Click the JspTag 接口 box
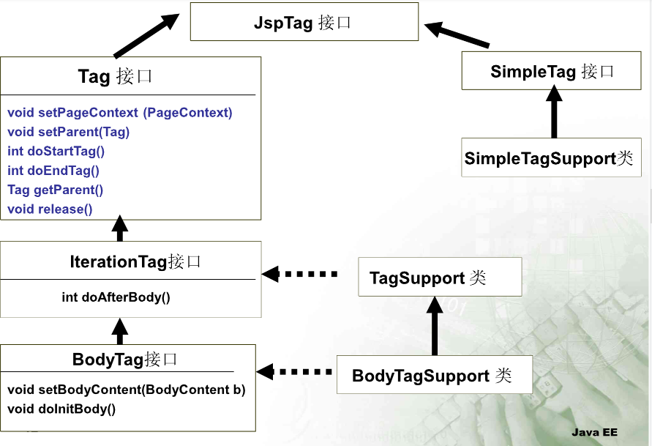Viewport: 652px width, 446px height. (x=304, y=23)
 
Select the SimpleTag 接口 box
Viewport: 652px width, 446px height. (x=552, y=71)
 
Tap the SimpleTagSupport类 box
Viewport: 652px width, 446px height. (x=552, y=158)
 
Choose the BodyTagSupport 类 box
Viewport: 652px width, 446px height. (x=432, y=376)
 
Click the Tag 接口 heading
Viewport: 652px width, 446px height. (x=115, y=77)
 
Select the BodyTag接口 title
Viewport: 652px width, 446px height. (x=125, y=359)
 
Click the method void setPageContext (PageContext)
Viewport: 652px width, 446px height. (x=120, y=113)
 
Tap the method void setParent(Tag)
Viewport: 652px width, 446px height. (x=69, y=132)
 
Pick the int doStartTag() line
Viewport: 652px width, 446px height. (x=56, y=152)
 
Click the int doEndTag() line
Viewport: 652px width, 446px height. (x=53, y=171)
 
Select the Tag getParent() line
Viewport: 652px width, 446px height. (x=56, y=190)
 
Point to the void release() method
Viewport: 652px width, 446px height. (x=50, y=209)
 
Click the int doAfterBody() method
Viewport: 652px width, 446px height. (x=116, y=297)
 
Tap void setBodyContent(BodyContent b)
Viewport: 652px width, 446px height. (x=127, y=390)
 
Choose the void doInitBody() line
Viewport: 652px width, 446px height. (x=61, y=409)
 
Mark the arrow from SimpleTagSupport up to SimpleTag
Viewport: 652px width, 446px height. (x=555, y=114)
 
